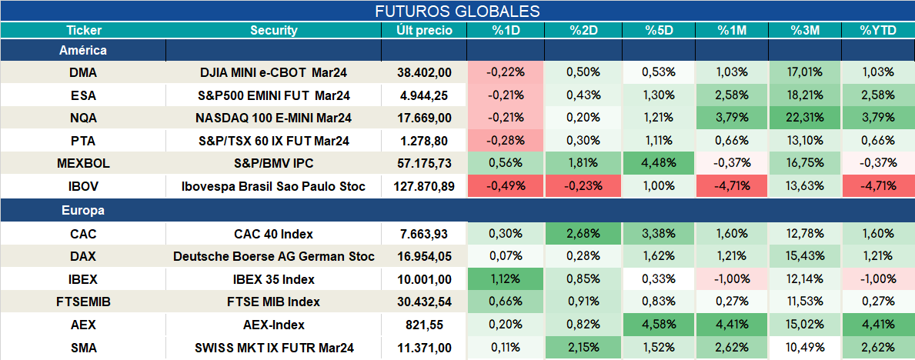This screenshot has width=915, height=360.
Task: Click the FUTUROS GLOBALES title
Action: coord(457,11)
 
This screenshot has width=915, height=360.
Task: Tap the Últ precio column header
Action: coord(424,31)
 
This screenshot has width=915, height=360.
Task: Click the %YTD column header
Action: coord(877,31)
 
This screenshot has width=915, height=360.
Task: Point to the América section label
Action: coord(83,50)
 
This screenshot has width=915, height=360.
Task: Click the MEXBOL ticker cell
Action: coord(83,164)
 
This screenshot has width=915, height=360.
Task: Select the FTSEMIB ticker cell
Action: coord(83,302)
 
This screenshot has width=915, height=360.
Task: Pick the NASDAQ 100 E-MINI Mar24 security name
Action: coord(274,118)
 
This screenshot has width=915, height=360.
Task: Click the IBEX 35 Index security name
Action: coord(274,279)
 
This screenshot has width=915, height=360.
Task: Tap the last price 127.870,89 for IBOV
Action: coord(424,187)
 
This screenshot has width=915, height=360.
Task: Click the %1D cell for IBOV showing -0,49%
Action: coord(506,187)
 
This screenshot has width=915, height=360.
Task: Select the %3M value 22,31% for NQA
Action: coord(805,118)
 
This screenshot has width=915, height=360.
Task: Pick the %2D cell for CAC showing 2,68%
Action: coord(583,233)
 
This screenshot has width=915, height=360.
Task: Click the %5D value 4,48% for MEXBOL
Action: coord(659,164)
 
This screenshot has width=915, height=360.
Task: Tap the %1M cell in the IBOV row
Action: coord(733,187)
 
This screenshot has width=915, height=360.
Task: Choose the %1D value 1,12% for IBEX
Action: coord(506,279)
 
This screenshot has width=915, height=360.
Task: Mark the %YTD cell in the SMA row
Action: coord(877,348)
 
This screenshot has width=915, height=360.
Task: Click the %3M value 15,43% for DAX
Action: coord(805,256)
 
